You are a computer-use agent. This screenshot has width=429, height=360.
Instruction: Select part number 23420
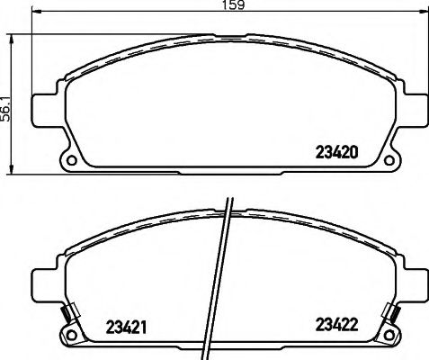340,151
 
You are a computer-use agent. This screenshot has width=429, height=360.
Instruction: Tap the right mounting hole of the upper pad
389,163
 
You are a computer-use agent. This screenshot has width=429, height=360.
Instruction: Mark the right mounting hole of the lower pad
389,337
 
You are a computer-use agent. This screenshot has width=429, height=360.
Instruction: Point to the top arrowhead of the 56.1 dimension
12,38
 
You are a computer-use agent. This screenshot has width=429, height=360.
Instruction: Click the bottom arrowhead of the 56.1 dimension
12,171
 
